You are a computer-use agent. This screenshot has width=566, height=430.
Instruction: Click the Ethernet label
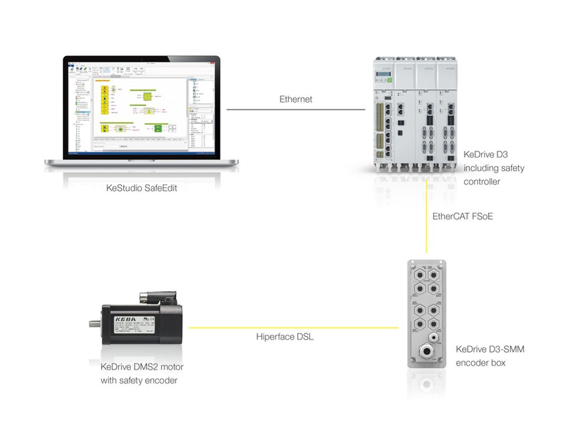296,99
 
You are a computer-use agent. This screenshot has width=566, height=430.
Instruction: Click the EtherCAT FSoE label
462,216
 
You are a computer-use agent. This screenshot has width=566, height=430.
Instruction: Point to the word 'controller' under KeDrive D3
482,182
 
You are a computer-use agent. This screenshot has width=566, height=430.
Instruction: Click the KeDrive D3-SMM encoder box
426,313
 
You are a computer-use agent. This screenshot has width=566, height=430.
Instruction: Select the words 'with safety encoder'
139,380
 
